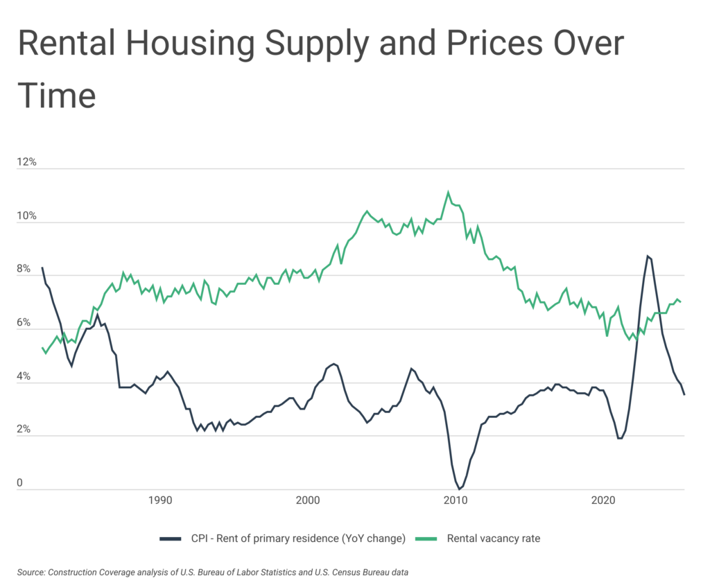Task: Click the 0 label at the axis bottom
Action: [20, 483]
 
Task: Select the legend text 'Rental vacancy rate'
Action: [493, 538]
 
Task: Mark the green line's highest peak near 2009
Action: [448, 192]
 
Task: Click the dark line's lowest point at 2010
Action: [459, 489]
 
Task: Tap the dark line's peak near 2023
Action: [647, 256]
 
